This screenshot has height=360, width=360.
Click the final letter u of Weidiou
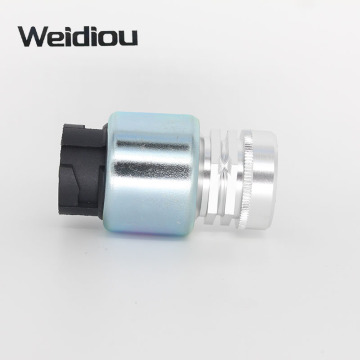click(x=129, y=39)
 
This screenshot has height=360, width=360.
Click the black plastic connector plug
click(x=82, y=171)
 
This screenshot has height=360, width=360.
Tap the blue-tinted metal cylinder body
click(x=152, y=173)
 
